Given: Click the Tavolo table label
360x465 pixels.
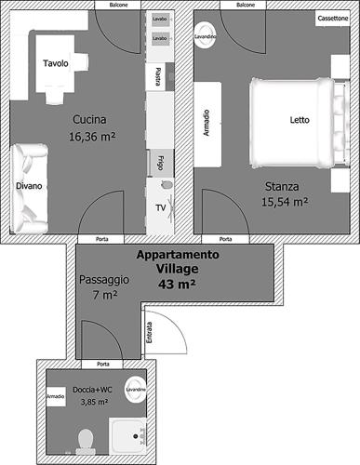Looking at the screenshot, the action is pos(56,63).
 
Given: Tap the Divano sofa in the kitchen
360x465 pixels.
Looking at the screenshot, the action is pos(29,188).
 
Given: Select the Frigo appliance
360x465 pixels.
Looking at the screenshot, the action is pos(160,163).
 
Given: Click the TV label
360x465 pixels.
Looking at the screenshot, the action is pos(161,207).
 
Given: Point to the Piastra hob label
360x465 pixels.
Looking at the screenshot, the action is pos(157,76).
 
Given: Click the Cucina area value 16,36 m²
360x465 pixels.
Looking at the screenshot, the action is pos(92,137).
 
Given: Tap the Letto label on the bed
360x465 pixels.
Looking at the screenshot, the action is pos(300,120).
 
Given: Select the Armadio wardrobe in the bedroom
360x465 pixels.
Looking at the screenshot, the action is pos(207,125).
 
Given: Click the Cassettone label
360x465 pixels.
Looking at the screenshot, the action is pos(333,19).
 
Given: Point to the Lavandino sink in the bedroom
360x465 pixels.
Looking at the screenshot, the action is pos(205,36).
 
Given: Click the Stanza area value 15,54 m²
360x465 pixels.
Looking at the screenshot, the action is pos(285,202).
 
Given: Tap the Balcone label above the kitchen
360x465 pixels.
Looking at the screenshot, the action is pos(118,5).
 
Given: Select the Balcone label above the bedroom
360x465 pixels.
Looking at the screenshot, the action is pos(246,5).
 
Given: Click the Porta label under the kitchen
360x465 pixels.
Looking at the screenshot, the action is pos(102,239).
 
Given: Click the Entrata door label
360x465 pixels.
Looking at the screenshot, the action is pos(150,332).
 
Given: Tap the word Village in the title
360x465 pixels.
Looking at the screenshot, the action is pos(177,269).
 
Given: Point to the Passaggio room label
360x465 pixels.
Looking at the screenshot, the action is pos(104,280).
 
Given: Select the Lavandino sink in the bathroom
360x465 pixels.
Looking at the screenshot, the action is pos(136,390).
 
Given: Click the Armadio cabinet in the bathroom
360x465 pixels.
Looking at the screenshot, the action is pos(56,396).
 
